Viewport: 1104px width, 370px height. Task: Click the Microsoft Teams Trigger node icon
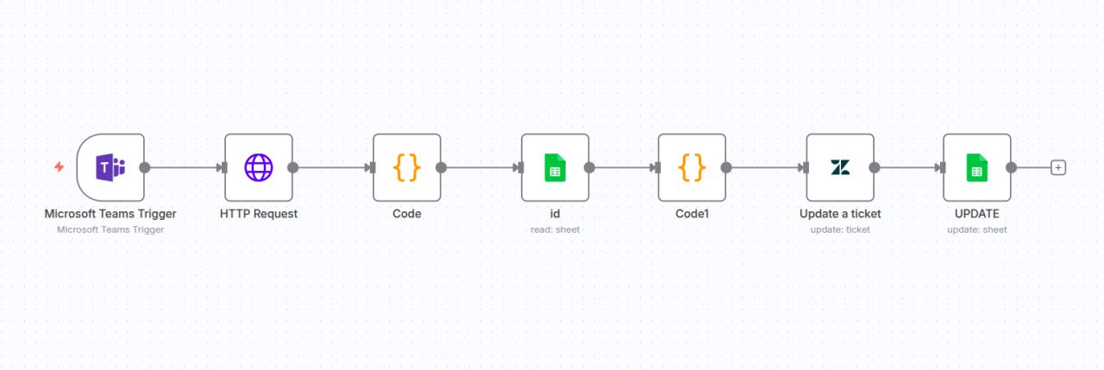[110, 167]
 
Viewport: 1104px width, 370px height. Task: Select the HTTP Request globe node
[258, 167]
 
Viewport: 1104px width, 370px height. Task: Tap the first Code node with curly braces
[406, 167]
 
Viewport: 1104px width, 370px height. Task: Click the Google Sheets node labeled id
[555, 167]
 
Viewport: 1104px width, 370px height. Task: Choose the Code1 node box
[691, 167]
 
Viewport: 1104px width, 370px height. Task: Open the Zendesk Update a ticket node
[839, 167]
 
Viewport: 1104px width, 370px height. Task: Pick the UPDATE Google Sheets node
[976, 167]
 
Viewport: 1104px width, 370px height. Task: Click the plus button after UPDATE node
[1058, 167]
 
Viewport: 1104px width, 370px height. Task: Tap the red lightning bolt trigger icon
[59, 166]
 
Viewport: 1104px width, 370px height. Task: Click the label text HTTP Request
[259, 213]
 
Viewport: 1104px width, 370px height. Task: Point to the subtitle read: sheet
[555, 229]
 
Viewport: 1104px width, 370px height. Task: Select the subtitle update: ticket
[839, 229]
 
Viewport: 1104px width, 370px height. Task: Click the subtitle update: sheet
[976, 229]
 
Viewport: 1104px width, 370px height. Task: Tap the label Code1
[692, 213]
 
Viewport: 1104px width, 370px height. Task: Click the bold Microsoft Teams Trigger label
[110, 213]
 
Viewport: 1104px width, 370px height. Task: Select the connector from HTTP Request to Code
[332, 167]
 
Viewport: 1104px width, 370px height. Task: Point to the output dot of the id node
[589, 167]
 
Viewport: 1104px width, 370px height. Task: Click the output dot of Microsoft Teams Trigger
[144, 167]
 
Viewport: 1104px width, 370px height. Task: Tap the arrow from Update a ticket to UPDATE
[907, 167]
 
